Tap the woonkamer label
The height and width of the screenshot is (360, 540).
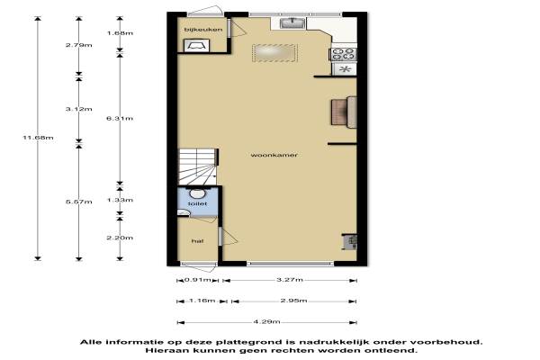click(x=274, y=155)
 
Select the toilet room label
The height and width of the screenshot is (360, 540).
click(x=198, y=203)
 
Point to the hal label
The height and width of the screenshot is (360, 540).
click(x=198, y=241)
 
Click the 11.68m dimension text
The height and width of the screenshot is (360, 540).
click(x=38, y=138)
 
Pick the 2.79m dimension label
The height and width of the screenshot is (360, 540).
click(x=79, y=45)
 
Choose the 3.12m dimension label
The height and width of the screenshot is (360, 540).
click(x=79, y=109)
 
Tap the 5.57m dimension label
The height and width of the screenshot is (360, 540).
click(x=79, y=202)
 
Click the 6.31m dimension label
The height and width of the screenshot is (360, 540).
click(x=120, y=119)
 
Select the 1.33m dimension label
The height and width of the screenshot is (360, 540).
click(x=120, y=200)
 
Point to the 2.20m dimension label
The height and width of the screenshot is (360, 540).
click(x=120, y=238)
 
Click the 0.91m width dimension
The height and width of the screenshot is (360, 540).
click(x=198, y=280)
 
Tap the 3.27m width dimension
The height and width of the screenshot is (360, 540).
click(x=290, y=280)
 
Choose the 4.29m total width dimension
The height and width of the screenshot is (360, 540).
click(x=267, y=322)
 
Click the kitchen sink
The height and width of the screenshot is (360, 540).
click(x=292, y=23)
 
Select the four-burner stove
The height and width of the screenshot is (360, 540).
click(x=344, y=54)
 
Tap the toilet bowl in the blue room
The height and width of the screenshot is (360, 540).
click(x=196, y=193)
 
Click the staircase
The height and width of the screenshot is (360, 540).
click(x=198, y=167)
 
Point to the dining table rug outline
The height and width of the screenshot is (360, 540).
click(x=274, y=53)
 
